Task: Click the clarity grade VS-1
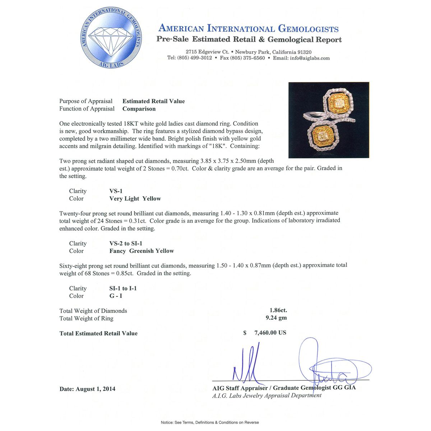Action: pyautogui.click(x=116, y=191)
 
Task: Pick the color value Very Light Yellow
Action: pyautogui.click(x=135, y=199)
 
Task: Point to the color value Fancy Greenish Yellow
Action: pyautogui.click(x=142, y=251)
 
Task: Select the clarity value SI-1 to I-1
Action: pyautogui.click(x=123, y=288)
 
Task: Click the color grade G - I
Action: pyautogui.click(x=116, y=296)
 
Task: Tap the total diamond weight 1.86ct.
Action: pyautogui.click(x=278, y=310)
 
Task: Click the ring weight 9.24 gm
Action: pyautogui.click(x=276, y=318)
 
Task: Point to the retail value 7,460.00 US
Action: pyautogui.click(x=270, y=333)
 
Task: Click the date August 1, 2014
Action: pyautogui.click(x=96, y=389)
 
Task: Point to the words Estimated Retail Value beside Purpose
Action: pyautogui.click(x=153, y=101)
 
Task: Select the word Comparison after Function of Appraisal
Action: pyautogui.click(x=139, y=109)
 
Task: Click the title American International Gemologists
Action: pyautogui.click(x=249, y=28)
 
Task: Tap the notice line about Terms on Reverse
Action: pyautogui.click(x=210, y=422)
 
